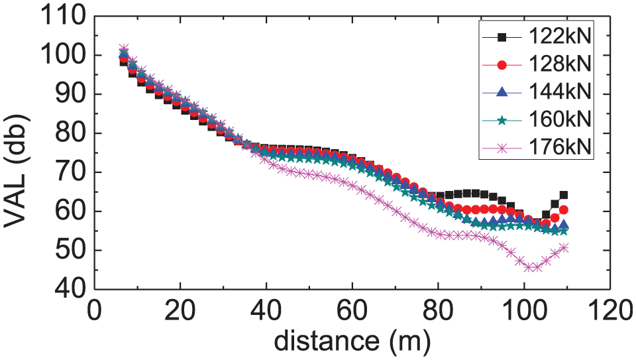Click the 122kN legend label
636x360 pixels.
click(x=560, y=37)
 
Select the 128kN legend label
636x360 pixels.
click(x=560, y=64)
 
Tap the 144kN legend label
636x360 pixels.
click(x=560, y=91)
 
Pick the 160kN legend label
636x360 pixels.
click(x=560, y=119)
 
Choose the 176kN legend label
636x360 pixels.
click(x=560, y=147)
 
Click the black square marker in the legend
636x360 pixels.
click(x=502, y=37)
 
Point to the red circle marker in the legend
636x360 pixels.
click(x=502, y=65)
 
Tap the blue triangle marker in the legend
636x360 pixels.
click(x=502, y=91)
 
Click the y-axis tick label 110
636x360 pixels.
click(x=64, y=17)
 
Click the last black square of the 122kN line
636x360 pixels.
click(x=563, y=195)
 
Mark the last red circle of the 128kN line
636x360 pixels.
click(x=563, y=210)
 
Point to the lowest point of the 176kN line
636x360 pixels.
click(x=529, y=268)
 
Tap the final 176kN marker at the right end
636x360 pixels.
click(x=563, y=247)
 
